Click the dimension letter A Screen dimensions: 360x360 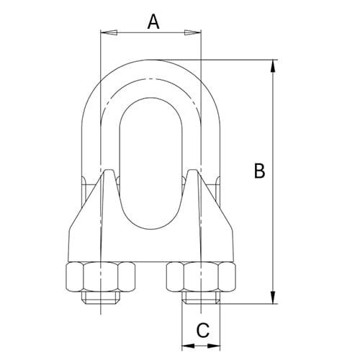pyautogui.click(x=153, y=22)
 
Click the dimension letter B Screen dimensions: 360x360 pyautogui.click(x=260, y=171)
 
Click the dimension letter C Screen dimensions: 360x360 pyautogui.click(x=203, y=330)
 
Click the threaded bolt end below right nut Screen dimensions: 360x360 pyautogui.click(x=200, y=297)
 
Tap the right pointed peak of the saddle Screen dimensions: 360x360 pyautogui.click(x=193, y=172)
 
